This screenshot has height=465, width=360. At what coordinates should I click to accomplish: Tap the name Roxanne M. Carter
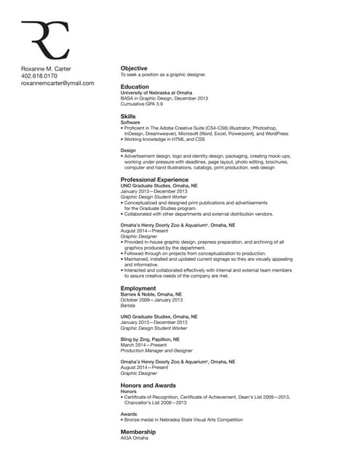pos(47,68)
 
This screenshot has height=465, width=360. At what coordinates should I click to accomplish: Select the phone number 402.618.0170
pos(39,76)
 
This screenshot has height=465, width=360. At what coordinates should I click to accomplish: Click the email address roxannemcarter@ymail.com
pos(57,84)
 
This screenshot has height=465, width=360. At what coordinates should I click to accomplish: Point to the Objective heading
pos(134,68)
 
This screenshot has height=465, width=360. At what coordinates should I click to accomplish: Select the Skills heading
pos(128,116)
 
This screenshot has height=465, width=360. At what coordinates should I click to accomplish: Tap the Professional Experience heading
pos(154,179)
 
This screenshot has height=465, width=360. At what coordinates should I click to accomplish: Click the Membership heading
pos(138,432)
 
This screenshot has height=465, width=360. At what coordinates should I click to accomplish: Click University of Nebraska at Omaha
pos(156,92)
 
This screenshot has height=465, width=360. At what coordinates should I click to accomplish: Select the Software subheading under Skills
pos(131,122)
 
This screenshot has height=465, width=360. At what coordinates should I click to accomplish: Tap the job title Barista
pos(128,306)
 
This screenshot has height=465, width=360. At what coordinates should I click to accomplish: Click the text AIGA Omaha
pos(135,438)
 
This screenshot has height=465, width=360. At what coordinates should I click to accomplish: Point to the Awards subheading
pos(129,413)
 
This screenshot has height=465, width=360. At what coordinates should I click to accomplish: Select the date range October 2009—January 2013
pos(152,300)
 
